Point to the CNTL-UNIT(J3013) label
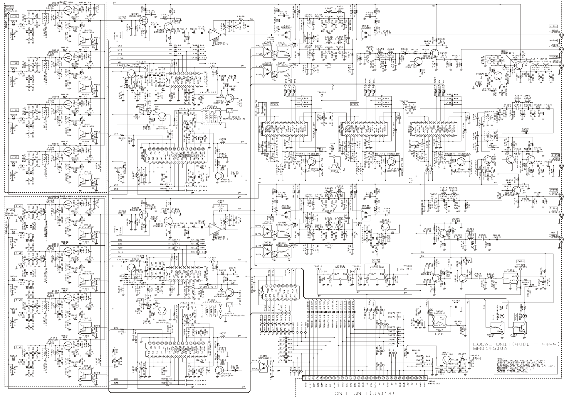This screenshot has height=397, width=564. tap(364, 393)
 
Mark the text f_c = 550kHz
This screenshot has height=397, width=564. tap(447, 187)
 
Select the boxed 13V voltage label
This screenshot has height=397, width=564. tap(401, 269)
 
